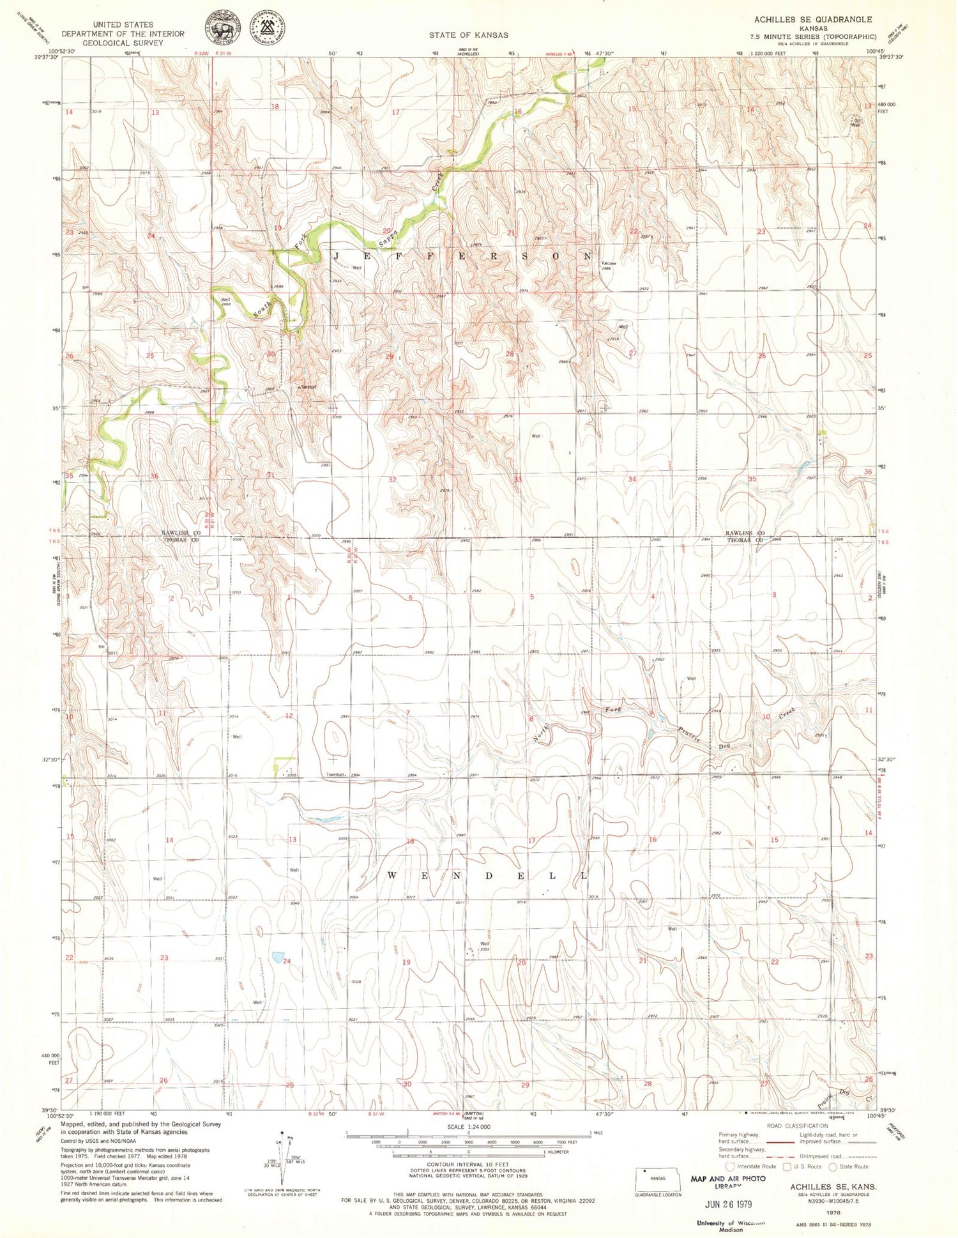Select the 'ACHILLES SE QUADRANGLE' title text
point(812,20)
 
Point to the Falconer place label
point(609,263)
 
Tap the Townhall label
point(335,775)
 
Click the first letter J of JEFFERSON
point(336,256)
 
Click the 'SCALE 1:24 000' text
point(468,1127)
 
